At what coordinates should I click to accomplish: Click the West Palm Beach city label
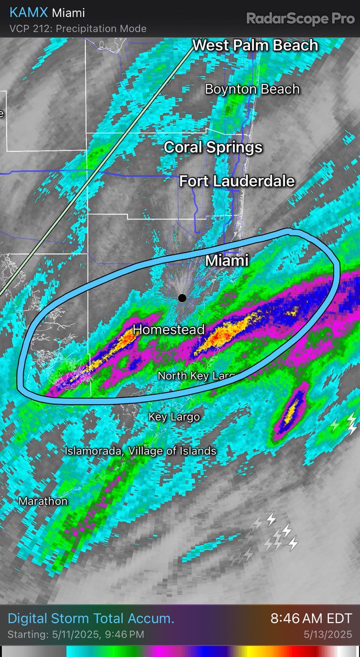[x=256, y=45]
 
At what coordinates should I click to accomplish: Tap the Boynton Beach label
[x=252, y=89]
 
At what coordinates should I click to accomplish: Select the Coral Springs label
[x=213, y=147]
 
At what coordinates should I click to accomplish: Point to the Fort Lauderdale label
[x=237, y=181]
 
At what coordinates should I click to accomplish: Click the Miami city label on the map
[x=227, y=261]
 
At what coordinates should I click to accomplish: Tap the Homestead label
[x=169, y=330]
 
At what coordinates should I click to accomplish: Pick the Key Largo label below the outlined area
[x=174, y=417]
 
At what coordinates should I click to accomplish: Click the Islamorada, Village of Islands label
[x=141, y=451]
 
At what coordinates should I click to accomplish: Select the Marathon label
[x=43, y=501]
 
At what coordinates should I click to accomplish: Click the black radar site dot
[x=182, y=298]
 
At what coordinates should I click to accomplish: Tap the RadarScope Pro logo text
[x=300, y=19]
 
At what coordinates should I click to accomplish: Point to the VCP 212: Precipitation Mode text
[x=78, y=28]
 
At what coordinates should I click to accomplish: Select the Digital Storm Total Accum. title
[x=91, y=619]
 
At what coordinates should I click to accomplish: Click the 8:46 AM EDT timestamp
[x=311, y=619]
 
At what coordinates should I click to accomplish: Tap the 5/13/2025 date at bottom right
[x=332, y=635]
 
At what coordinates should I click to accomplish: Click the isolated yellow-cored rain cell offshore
[x=294, y=410]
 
